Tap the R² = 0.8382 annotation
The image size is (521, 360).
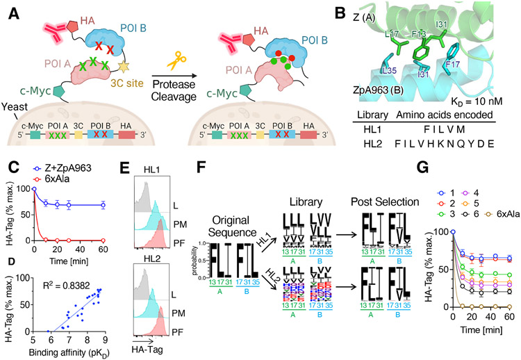point(75,284)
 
